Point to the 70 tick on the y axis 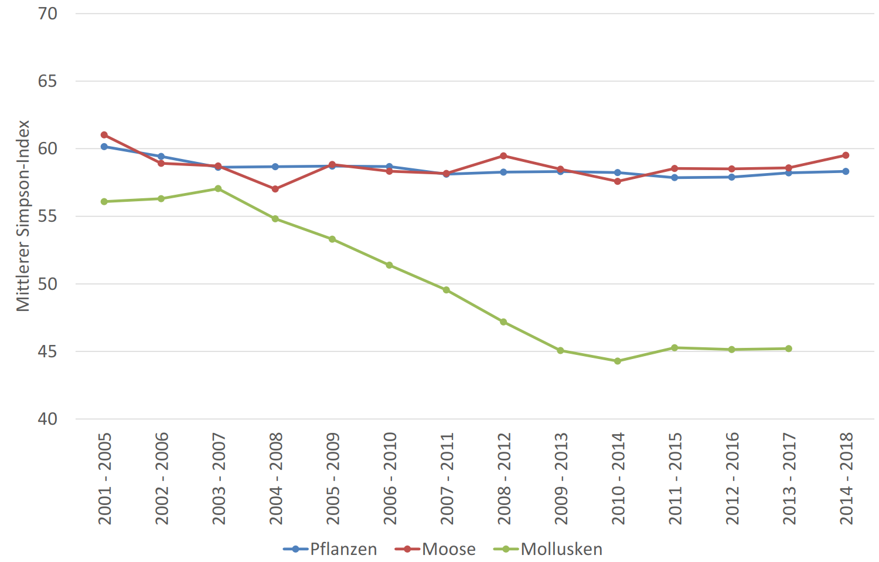48,13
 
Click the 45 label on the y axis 48,351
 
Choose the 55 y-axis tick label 48,216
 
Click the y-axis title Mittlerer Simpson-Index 23,216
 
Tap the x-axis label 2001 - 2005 105,479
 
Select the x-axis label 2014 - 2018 846,479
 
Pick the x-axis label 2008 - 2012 504,479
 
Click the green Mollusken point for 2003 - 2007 218,189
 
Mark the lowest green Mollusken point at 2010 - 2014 618,361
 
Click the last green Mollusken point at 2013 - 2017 789,348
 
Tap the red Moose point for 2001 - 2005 104,135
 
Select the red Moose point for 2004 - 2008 275,189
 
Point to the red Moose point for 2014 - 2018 846,155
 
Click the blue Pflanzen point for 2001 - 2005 104,147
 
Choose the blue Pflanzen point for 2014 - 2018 846,171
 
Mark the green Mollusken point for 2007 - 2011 447,290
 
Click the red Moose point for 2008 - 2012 503,156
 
